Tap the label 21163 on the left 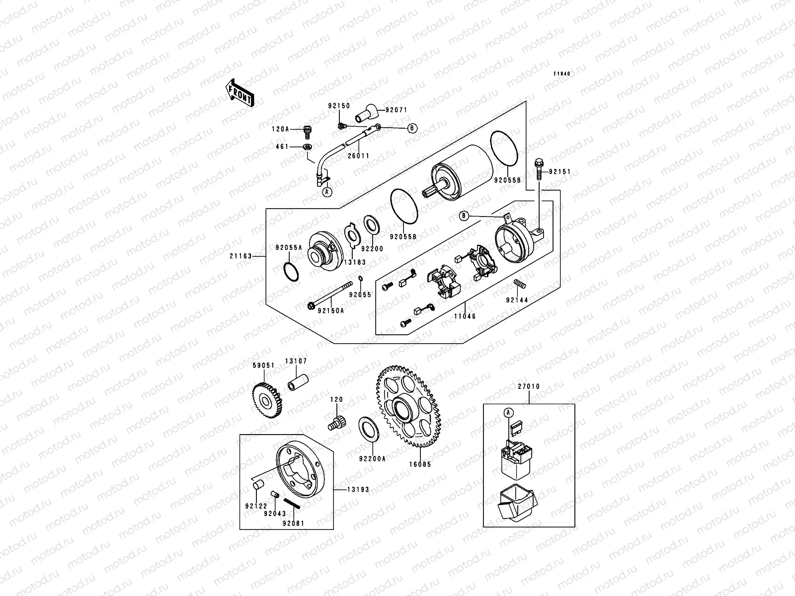[x=240, y=256]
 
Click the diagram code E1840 [x=562, y=74]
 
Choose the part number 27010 [x=529, y=386]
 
